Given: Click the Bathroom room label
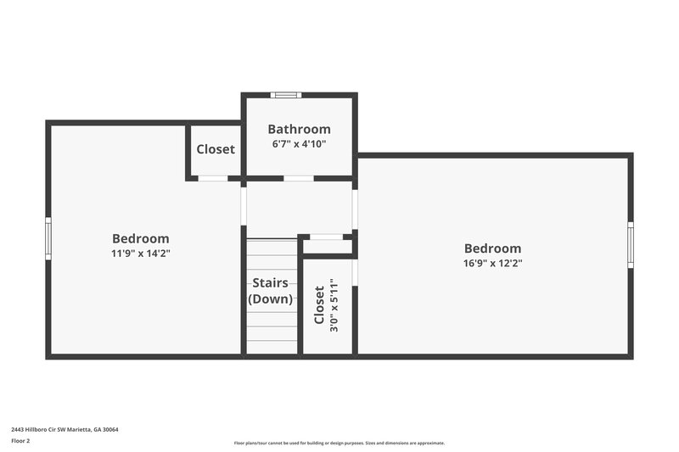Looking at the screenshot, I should (x=299, y=130).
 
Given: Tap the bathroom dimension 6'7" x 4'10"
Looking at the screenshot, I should (x=299, y=144).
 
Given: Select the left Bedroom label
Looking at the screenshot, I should (x=140, y=239).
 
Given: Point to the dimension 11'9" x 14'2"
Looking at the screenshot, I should (x=140, y=254).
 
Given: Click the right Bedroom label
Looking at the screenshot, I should (x=492, y=248).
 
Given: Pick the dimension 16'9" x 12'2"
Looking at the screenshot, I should (x=492, y=263).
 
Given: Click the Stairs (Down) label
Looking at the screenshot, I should (x=271, y=291).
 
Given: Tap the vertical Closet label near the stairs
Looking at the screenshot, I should (x=319, y=305).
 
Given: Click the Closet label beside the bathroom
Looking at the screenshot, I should (x=216, y=149).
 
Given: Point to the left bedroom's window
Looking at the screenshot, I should (x=48, y=238).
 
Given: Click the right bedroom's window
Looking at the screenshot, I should (x=631, y=245).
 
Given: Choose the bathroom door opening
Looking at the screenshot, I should (x=298, y=178).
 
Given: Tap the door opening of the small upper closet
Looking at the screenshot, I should (x=212, y=178).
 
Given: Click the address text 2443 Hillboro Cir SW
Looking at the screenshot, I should (x=65, y=430).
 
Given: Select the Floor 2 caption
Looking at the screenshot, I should (x=20, y=442).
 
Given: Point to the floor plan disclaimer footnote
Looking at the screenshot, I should (x=339, y=443).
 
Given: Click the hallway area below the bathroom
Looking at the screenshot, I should (x=299, y=208).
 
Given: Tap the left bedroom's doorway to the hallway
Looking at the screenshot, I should (x=244, y=206).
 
